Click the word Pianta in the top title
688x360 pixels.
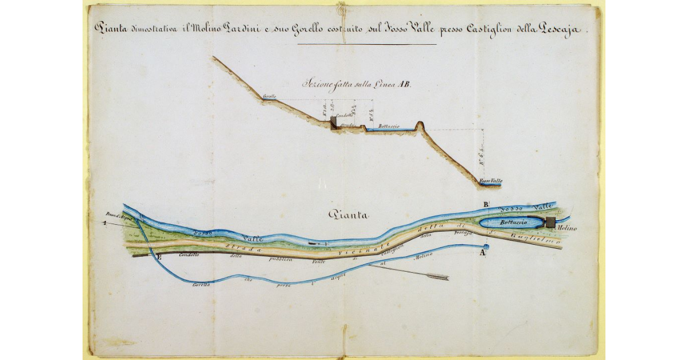pyautogui.click(x=110, y=28)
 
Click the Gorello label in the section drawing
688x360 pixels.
pyautogui.click(x=269, y=96)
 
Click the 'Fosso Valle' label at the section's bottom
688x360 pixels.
pyautogui.click(x=491, y=181)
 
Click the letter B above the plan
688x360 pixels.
pyautogui.click(x=486, y=205)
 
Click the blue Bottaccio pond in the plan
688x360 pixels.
pyautogui.click(x=507, y=223)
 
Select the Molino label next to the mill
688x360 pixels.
pyautogui.click(x=566, y=229)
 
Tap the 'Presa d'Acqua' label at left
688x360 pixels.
pyautogui.click(x=119, y=218)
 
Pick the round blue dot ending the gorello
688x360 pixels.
pyautogui.click(x=483, y=247)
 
